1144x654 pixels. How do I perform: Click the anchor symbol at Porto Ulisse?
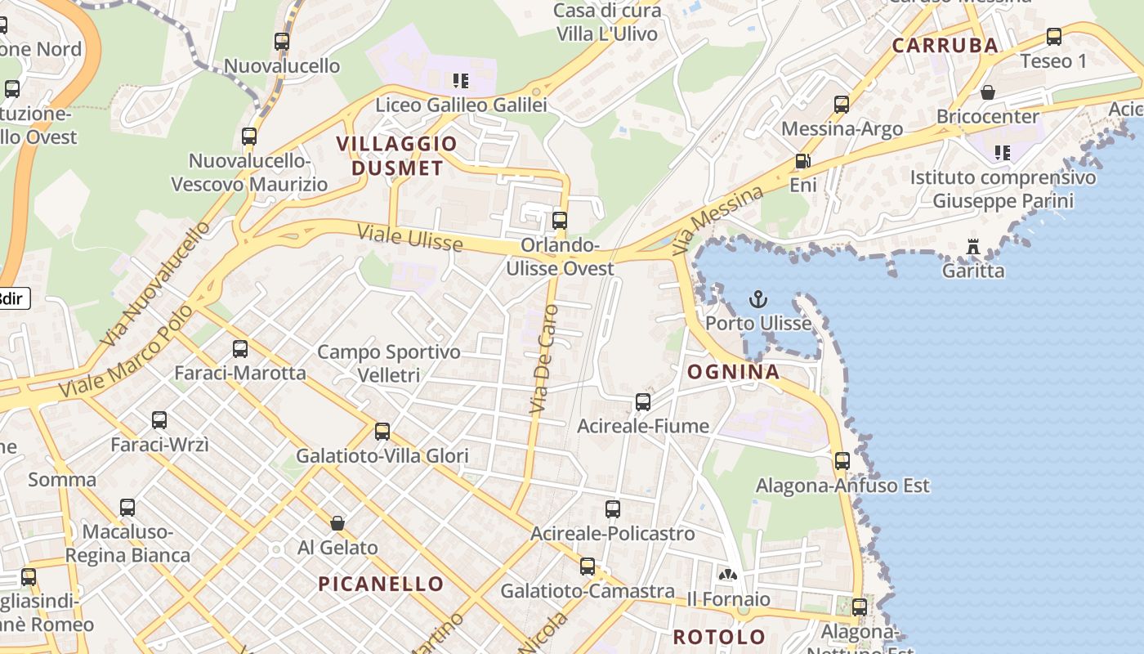coord(758,299)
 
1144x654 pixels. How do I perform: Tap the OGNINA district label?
coord(733,373)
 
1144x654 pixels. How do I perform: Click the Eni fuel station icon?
coord(802,162)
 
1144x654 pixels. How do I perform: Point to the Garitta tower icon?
coord(972,246)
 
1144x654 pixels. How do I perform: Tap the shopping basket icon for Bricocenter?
coord(987,92)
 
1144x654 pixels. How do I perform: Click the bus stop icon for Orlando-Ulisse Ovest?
coord(560,220)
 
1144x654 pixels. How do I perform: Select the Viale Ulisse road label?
coord(409,238)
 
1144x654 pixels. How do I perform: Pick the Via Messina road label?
coord(717,219)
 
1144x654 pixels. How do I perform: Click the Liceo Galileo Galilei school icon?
coord(461,81)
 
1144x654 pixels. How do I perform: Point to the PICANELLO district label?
coord(380,584)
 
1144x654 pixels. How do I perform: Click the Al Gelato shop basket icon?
coord(337,523)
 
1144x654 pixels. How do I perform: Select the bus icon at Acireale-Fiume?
coord(643,402)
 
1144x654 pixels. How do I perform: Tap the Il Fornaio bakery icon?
coord(727,576)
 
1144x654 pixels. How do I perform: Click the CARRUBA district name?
coord(945,45)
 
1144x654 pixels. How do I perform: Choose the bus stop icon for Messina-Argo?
coord(842,105)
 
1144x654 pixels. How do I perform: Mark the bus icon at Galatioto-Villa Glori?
coord(382,432)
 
